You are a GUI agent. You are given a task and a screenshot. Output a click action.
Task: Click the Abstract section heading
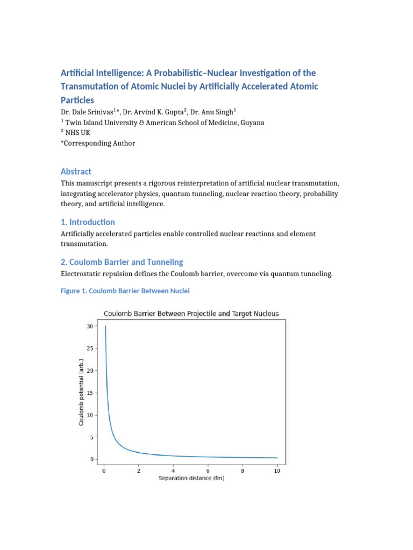tap(76, 171)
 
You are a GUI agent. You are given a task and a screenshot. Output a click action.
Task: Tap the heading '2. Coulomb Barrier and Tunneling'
tap(122, 262)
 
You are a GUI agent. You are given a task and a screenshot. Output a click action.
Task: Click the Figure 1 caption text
tap(125, 291)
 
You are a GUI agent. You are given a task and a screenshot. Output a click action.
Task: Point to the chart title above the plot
tap(191, 314)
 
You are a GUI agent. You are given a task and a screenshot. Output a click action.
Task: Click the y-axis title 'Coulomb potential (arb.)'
tap(82, 392)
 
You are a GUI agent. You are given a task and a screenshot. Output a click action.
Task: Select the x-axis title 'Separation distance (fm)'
tap(191, 478)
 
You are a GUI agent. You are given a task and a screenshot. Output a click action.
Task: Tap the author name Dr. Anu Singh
tap(215, 112)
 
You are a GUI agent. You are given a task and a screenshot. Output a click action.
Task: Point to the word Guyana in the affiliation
tap(252, 122)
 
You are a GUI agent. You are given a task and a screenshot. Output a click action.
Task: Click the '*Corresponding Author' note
tap(98, 143)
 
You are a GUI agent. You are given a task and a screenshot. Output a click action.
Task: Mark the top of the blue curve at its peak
tap(105, 326)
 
